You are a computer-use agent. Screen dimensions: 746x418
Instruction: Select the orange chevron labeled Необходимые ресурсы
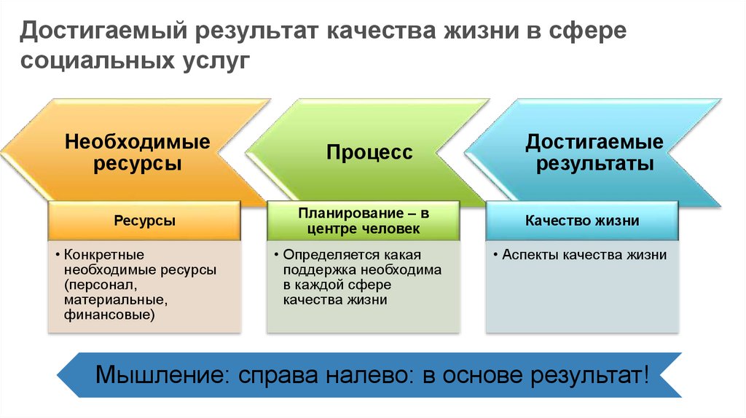tap(136, 153)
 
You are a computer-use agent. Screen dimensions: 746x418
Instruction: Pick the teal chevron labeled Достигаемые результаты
tap(593, 153)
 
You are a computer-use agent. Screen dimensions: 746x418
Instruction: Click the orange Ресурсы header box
tap(145, 221)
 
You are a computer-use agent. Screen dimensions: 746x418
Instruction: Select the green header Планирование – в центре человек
tap(364, 221)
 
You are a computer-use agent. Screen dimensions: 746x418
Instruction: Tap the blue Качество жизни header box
tap(582, 221)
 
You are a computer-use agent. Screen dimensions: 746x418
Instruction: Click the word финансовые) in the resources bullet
tap(109, 315)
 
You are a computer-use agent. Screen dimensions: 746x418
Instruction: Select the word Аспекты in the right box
tap(530, 255)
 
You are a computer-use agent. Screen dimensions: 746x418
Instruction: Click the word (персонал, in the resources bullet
tap(101, 285)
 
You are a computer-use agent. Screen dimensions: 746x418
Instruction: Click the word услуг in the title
tap(216, 62)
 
